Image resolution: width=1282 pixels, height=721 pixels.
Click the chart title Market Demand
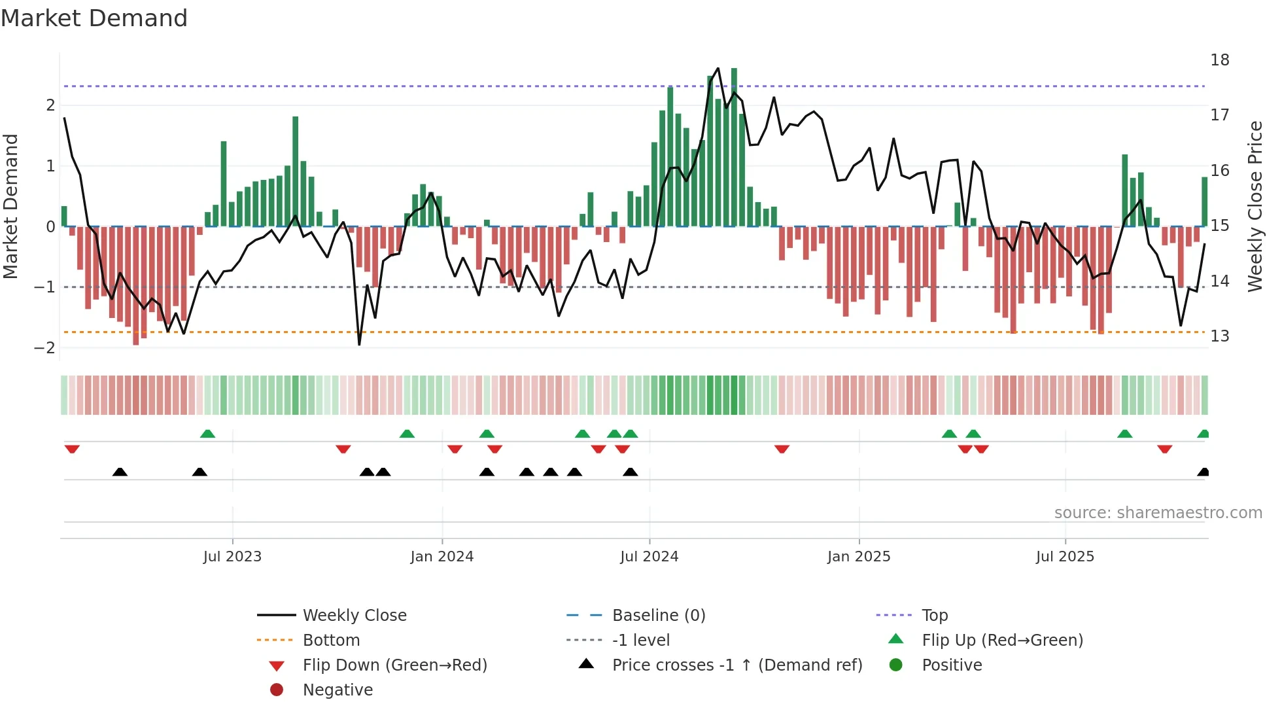94,18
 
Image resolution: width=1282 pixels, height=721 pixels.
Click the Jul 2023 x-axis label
232,557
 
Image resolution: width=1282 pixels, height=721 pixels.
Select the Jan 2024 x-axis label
442,557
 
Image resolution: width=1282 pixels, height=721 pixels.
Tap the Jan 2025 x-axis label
858,557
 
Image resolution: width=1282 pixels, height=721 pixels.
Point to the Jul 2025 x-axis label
1065,557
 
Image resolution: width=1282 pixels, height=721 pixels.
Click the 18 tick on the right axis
1219,60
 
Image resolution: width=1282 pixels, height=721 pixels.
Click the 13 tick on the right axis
1219,336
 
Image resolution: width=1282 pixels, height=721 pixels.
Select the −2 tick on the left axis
44,348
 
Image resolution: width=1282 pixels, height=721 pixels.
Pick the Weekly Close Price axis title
1255,206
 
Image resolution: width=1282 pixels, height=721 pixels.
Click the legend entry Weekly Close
354,616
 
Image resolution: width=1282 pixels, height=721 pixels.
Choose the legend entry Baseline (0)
658,616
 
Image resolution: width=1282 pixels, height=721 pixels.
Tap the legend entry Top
934,616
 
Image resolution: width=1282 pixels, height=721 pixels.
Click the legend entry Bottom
331,641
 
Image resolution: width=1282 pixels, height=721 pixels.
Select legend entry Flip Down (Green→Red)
394,665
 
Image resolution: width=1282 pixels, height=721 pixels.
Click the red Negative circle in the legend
277,690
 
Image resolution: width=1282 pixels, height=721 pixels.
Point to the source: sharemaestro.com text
1158,513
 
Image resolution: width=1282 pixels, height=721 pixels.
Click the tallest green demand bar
734,147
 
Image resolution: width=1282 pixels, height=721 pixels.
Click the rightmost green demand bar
1204,202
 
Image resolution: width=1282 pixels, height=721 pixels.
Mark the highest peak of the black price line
718,68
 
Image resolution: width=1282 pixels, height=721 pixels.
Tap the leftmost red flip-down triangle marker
72,449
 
